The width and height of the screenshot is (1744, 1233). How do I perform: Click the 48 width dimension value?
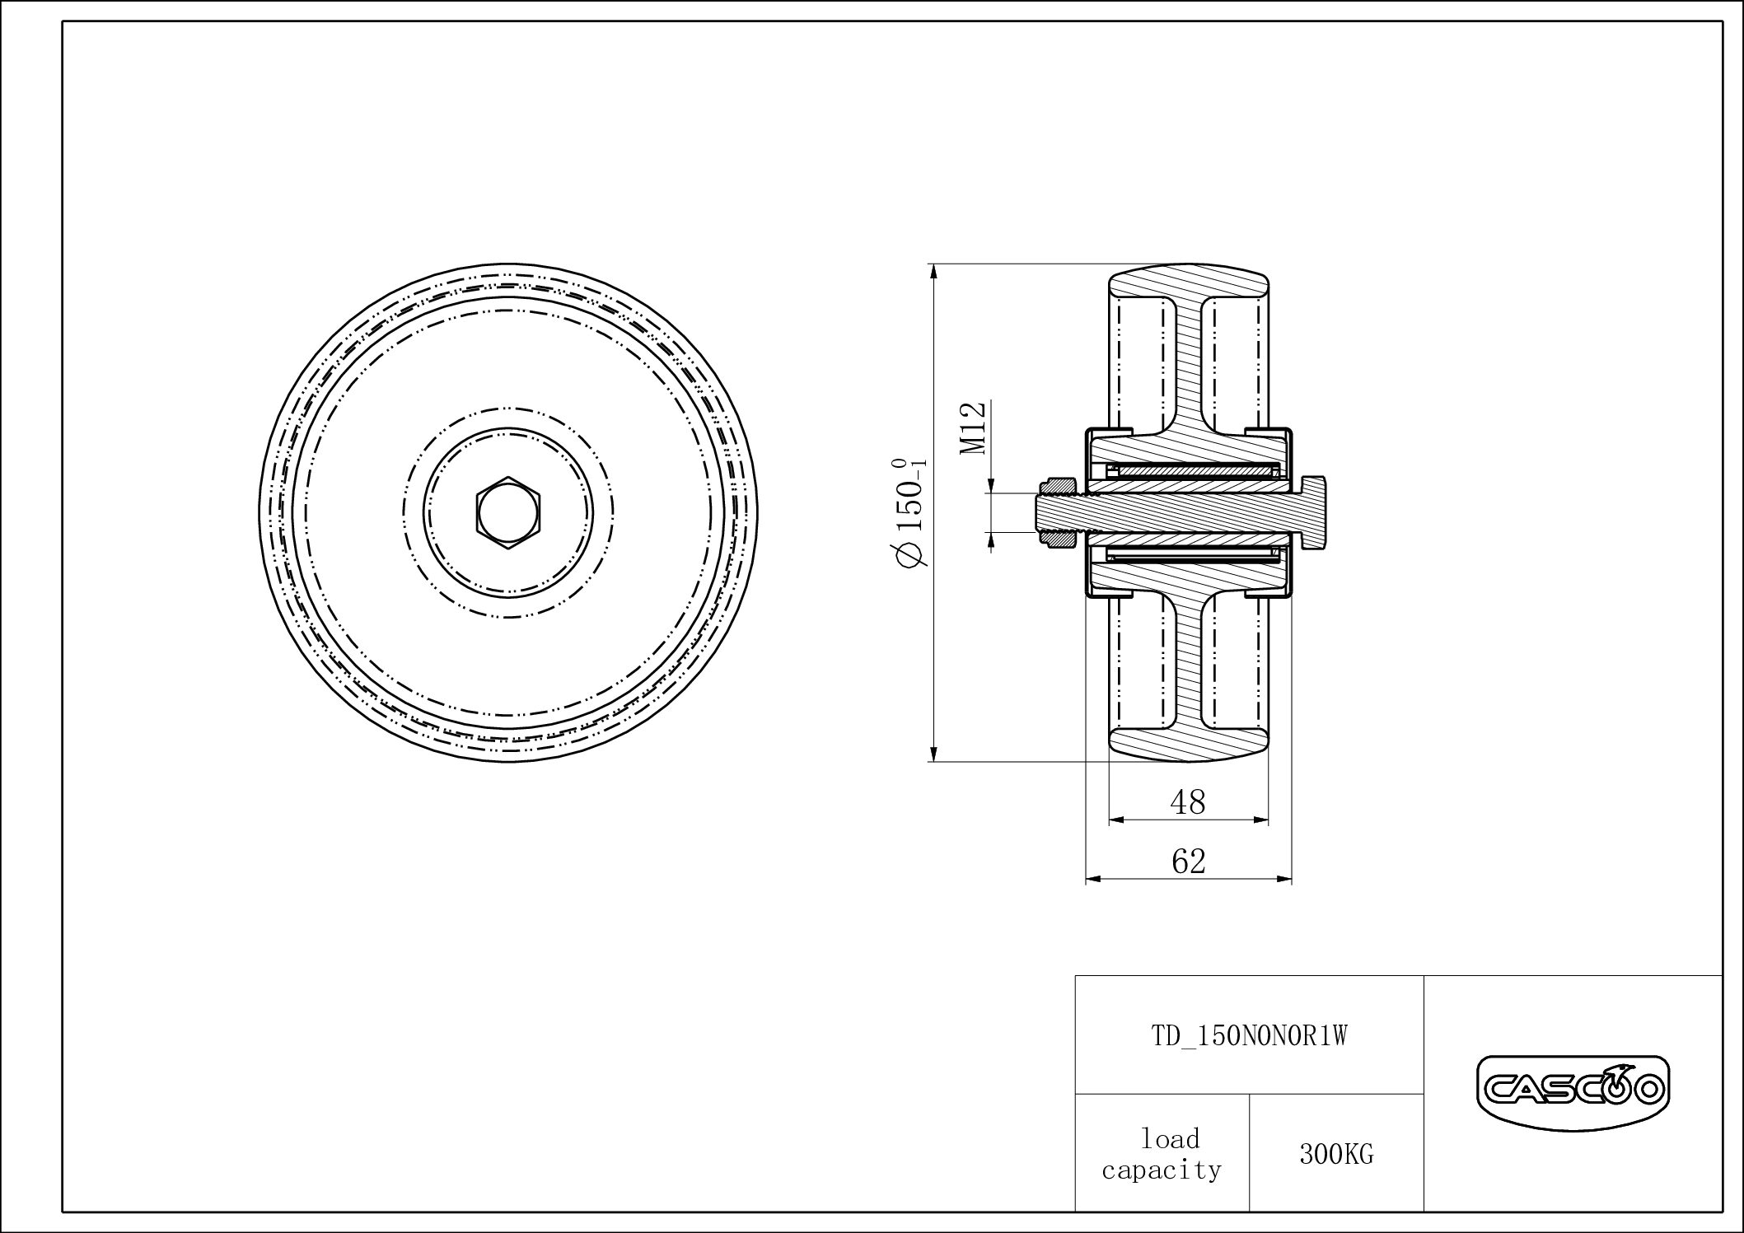click(1187, 802)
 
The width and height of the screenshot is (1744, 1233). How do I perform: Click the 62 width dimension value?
click(1188, 862)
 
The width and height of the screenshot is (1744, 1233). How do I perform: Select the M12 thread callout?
click(974, 427)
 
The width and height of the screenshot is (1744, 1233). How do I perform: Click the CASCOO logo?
click(1572, 1092)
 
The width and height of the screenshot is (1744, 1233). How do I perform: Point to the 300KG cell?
click(1336, 1155)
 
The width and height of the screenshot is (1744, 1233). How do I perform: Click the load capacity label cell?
click(1162, 1154)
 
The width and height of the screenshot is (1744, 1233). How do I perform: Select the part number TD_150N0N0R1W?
click(1249, 1036)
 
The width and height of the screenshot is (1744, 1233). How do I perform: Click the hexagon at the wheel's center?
click(508, 512)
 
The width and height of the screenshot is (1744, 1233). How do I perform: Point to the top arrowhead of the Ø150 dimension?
click(933, 272)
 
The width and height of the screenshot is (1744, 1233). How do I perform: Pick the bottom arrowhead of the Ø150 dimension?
click(933, 754)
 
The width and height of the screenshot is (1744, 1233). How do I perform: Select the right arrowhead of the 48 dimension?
click(1260, 820)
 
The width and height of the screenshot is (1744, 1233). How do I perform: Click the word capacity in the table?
click(1162, 1170)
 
